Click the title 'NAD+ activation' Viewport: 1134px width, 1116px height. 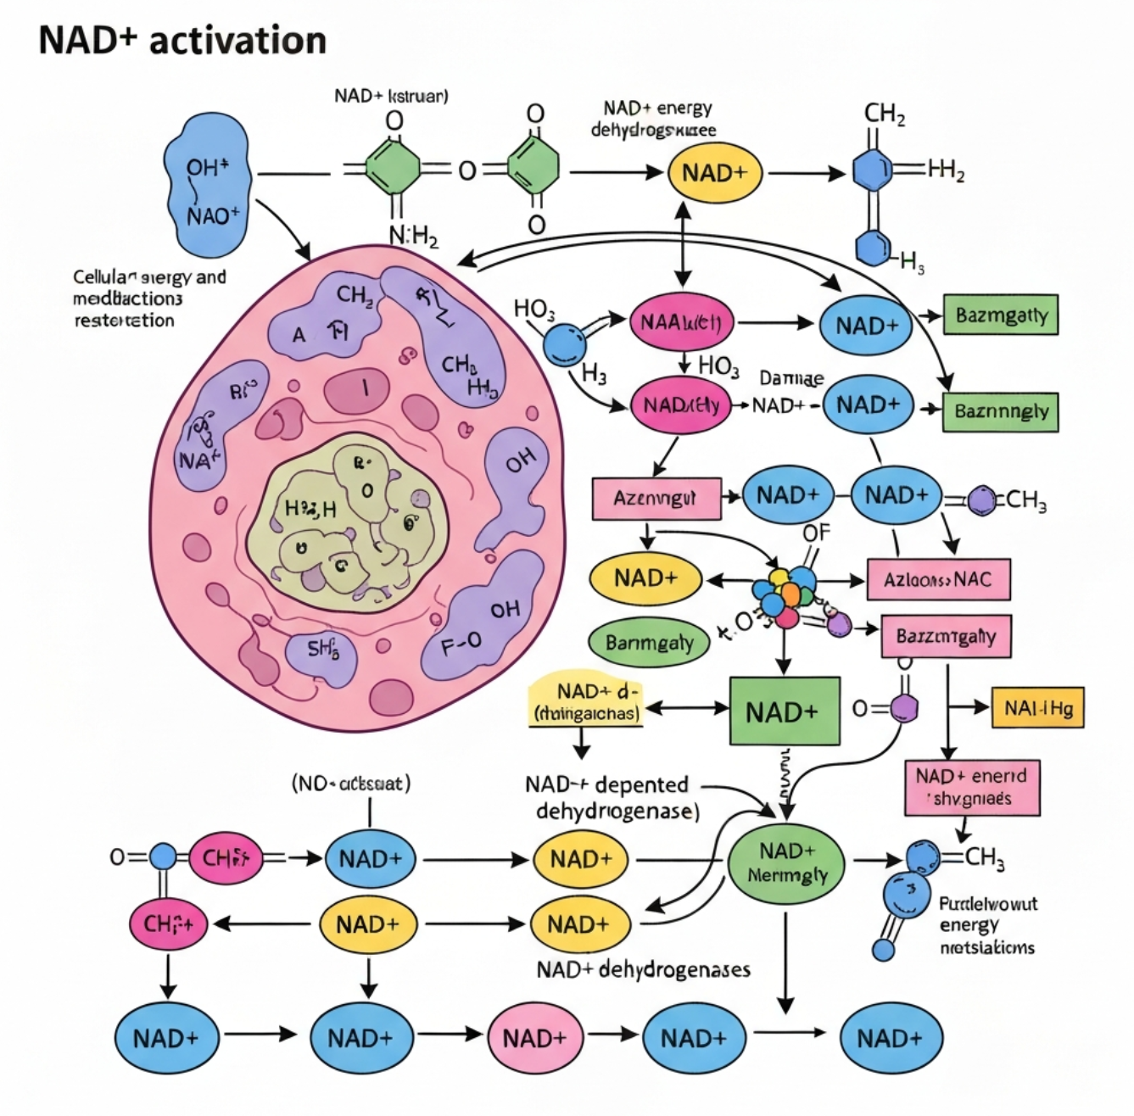[182, 40]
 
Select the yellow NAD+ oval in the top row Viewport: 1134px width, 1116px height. [714, 173]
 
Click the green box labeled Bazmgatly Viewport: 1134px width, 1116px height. [1001, 315]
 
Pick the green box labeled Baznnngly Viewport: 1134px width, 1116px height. [1001, 411]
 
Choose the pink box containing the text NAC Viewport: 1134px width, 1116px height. [938, 581]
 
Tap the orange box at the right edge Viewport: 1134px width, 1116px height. [1037, 708]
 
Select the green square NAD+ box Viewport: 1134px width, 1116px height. [785, 711]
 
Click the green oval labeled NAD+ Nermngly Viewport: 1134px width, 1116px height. [786, 863]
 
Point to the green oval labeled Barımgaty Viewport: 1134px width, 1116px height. [649, 643]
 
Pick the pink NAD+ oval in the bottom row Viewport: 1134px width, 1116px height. [533, 1038]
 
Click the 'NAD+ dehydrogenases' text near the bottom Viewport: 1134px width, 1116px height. [643, 968]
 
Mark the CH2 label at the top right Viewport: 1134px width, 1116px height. [884, 114]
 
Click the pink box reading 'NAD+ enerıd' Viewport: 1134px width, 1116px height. [971, 787]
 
